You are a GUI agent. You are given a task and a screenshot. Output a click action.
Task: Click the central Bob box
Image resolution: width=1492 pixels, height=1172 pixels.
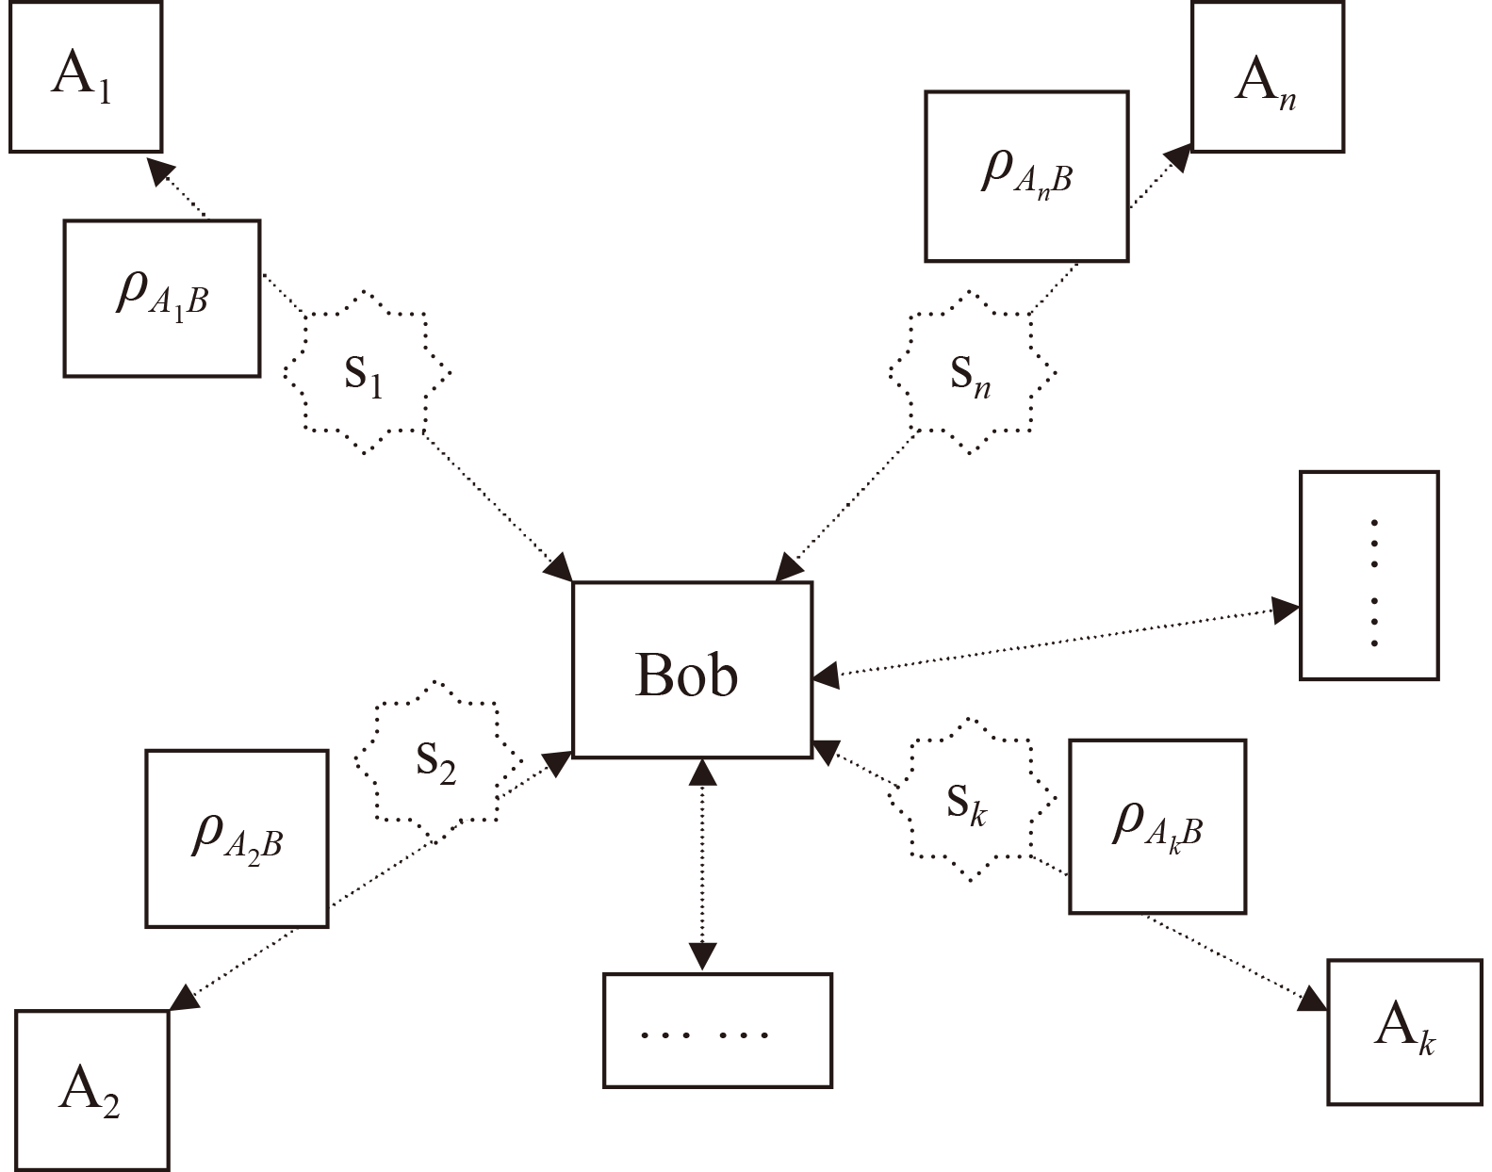(692, 670)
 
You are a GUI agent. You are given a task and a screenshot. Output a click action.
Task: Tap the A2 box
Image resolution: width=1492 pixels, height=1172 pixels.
(91, 1089)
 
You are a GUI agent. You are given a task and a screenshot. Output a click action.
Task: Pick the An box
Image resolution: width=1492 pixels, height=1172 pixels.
(1267, 77)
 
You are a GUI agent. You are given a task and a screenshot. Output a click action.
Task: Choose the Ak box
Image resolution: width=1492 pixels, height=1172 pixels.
(1403, 1031)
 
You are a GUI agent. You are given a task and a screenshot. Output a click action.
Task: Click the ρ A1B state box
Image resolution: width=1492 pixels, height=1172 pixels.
(161, 298)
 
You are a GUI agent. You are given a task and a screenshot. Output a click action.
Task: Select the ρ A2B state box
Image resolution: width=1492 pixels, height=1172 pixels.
(237, 838)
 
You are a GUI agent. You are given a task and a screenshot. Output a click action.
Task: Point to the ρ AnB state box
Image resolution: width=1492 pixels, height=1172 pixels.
(1026, 175)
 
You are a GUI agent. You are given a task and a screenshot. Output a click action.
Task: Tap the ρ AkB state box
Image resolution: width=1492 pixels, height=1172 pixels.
(1156, 825)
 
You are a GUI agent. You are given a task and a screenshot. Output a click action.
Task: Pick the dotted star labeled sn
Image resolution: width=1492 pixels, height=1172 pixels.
(972, 373)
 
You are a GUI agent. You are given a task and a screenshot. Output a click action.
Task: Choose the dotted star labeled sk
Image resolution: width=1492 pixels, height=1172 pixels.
(970, 800)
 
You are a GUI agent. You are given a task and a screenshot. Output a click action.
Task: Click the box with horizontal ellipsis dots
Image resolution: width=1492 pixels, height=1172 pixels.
(716, 1031)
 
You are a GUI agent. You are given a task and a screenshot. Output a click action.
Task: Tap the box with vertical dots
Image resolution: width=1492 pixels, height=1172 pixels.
(1369, 575)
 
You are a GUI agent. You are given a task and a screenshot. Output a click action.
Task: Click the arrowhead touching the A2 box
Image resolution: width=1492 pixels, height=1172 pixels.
(185, 997)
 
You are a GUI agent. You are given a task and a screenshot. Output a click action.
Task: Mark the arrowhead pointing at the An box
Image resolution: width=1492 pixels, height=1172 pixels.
(1178, 157)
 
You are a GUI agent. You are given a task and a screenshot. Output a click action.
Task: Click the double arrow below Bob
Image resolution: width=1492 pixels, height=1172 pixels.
(703, 863)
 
